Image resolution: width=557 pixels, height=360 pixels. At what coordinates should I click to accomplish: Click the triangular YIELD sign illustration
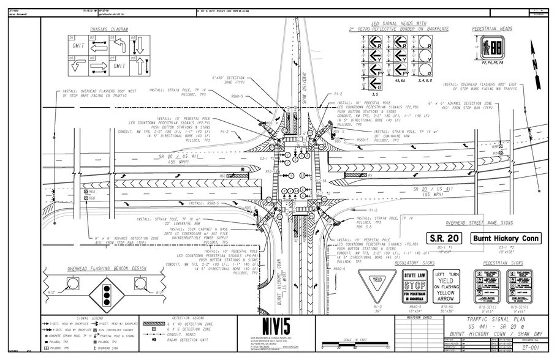click(376, 283)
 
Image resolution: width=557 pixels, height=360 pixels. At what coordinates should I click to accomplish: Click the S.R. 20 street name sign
click(441, 238)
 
